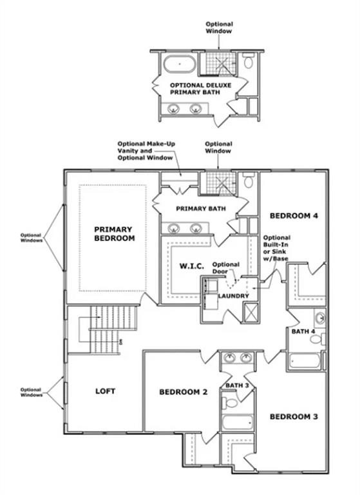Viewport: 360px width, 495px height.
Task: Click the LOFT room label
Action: (104, 391)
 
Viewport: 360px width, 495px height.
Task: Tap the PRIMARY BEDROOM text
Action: (113, 233)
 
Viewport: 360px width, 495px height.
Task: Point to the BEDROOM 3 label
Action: (293, 416)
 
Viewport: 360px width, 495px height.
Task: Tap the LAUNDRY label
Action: (232, 296)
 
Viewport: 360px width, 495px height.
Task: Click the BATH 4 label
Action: (303, 332)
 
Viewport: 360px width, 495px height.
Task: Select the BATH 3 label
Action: (236, 385)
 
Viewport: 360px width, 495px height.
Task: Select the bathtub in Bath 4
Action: (305, 360)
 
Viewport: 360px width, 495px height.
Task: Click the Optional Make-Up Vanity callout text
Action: (145, 151)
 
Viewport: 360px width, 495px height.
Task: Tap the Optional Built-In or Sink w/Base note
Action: (276, 248)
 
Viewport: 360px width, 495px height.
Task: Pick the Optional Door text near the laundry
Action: (226, 267)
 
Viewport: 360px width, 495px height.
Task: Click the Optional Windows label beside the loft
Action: (31, 393)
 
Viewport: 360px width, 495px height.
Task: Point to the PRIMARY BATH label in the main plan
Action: (200, 209)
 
